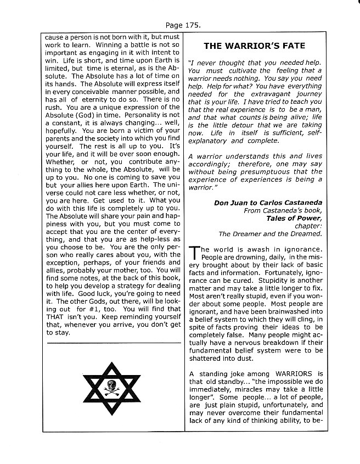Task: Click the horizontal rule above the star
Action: [113, 343]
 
